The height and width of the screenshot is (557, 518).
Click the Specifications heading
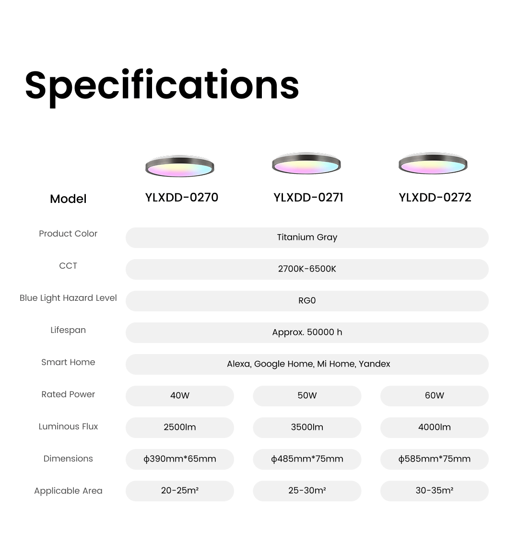point(162,87)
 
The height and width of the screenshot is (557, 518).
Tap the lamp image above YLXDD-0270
point(180,166)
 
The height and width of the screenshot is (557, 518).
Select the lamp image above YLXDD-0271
point(306,163)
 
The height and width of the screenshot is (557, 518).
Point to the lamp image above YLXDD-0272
point(433,163)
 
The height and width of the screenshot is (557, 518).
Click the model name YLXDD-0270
point(181,198)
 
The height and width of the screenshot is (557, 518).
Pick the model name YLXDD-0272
point(435,198)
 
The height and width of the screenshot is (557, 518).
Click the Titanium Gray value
point(307,237)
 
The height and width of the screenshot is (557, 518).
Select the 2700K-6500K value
point(307,269)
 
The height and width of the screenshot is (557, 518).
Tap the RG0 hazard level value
point(307,300)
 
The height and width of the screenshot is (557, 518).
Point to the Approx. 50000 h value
point(307,332)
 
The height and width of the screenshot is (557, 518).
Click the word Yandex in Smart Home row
point(374,364)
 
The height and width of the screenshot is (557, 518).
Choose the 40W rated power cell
point(180,396)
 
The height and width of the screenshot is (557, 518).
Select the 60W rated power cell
point(435,396)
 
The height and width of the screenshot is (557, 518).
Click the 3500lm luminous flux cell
point(307,427)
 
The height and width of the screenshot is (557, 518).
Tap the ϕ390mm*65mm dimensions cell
point(180,459)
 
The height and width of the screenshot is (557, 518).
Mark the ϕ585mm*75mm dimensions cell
point(435,459)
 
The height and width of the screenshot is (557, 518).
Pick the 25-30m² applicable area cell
point(307,491)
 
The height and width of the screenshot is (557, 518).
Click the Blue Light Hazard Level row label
point(68,298)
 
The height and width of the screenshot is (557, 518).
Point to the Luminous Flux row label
point(68,427)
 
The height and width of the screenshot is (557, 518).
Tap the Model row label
point(68,199)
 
